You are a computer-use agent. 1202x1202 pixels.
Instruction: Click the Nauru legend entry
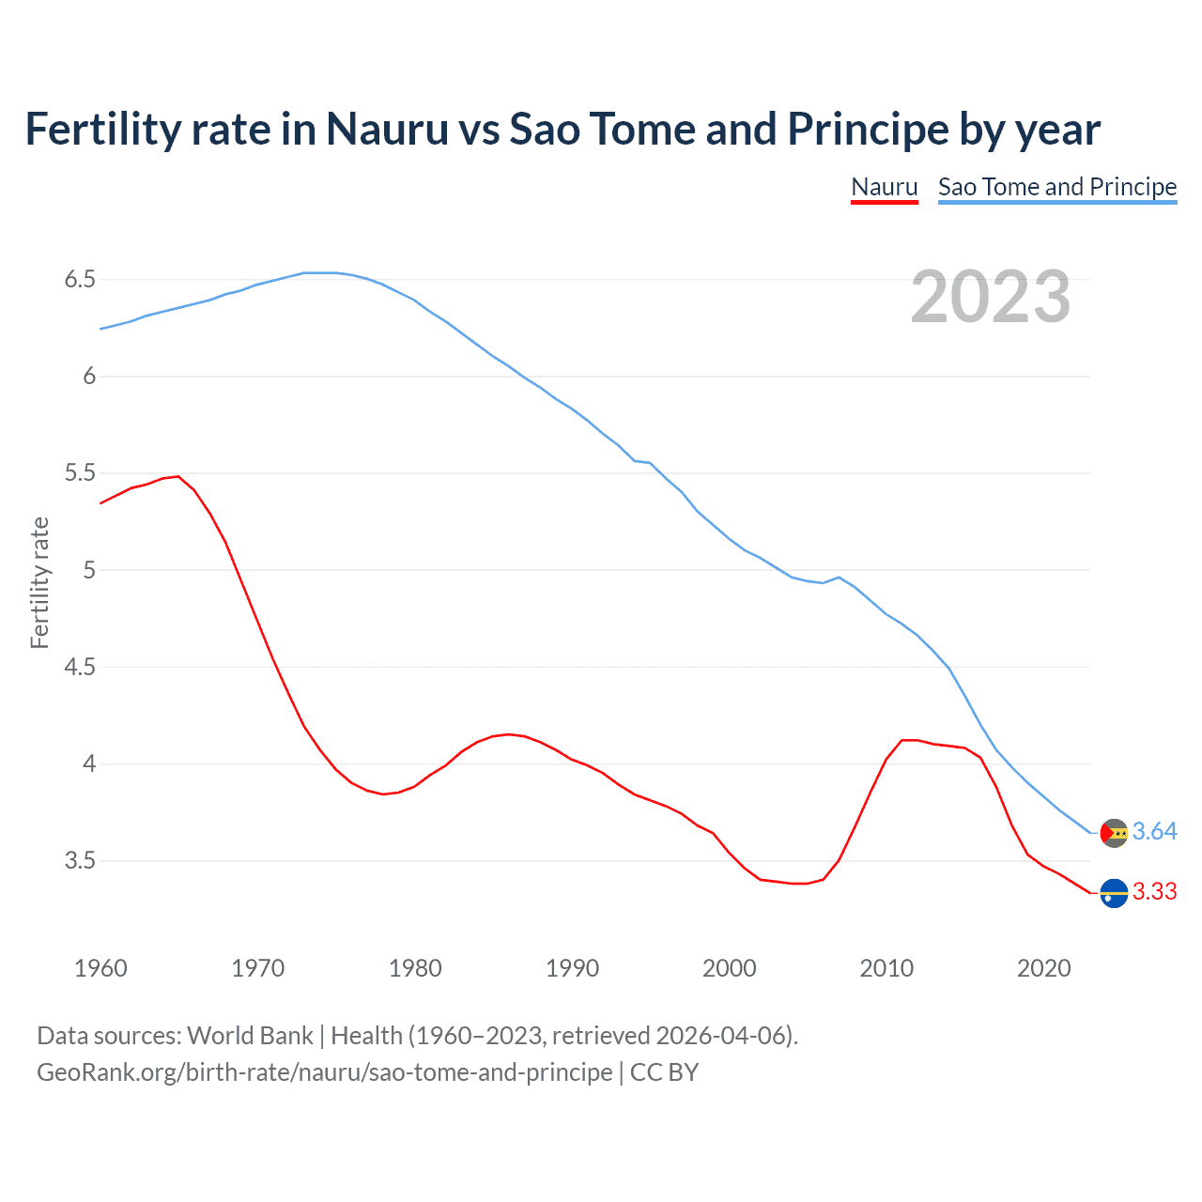point(884,187)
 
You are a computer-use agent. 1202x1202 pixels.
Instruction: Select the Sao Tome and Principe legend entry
point(1056,187)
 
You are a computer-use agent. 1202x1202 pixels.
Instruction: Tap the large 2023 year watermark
point(990,297)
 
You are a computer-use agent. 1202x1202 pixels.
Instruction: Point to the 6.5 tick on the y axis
point(80,280)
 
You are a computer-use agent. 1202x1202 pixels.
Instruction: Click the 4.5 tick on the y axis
point(80,668)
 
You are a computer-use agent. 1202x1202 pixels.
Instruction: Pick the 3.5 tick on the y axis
point(80,861)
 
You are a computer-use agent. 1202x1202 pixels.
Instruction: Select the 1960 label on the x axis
point(100,968)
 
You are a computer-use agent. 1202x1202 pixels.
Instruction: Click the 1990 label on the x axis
point(572,968)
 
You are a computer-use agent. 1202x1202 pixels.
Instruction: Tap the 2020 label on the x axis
point(1043,968)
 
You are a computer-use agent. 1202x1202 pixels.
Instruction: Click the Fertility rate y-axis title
point(39,582)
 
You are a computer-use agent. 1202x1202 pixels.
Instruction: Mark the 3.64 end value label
point(1154,832)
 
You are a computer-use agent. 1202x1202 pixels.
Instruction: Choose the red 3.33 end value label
point(1154,892)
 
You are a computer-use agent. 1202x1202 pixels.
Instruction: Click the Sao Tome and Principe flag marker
point(1114,833)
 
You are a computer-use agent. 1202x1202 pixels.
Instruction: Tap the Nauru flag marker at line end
point(1114,893)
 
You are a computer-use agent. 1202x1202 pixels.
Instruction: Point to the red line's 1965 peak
point(178,476)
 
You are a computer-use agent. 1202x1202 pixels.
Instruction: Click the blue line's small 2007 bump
point(839,578)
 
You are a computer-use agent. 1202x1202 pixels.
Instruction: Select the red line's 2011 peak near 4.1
point(903,740)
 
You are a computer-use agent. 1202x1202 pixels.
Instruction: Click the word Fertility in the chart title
point(102,130)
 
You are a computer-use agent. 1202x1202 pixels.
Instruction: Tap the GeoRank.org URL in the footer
point(324,1072)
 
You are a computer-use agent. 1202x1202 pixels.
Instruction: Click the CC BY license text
point(664,1072)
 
